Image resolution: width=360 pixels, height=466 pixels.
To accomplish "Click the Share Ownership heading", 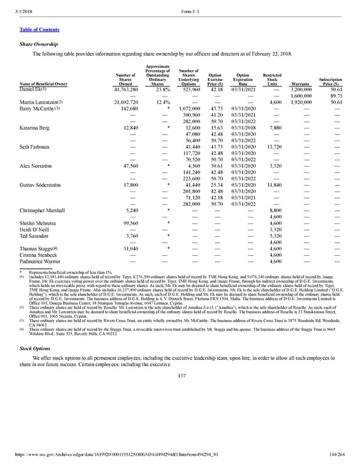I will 37,44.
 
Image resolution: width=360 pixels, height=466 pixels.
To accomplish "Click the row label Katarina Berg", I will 37,128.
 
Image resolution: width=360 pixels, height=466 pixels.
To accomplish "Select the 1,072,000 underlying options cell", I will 188,109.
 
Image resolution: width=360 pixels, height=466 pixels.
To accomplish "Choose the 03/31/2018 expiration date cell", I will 247,128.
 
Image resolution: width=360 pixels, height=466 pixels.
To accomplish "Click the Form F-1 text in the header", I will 190,6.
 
